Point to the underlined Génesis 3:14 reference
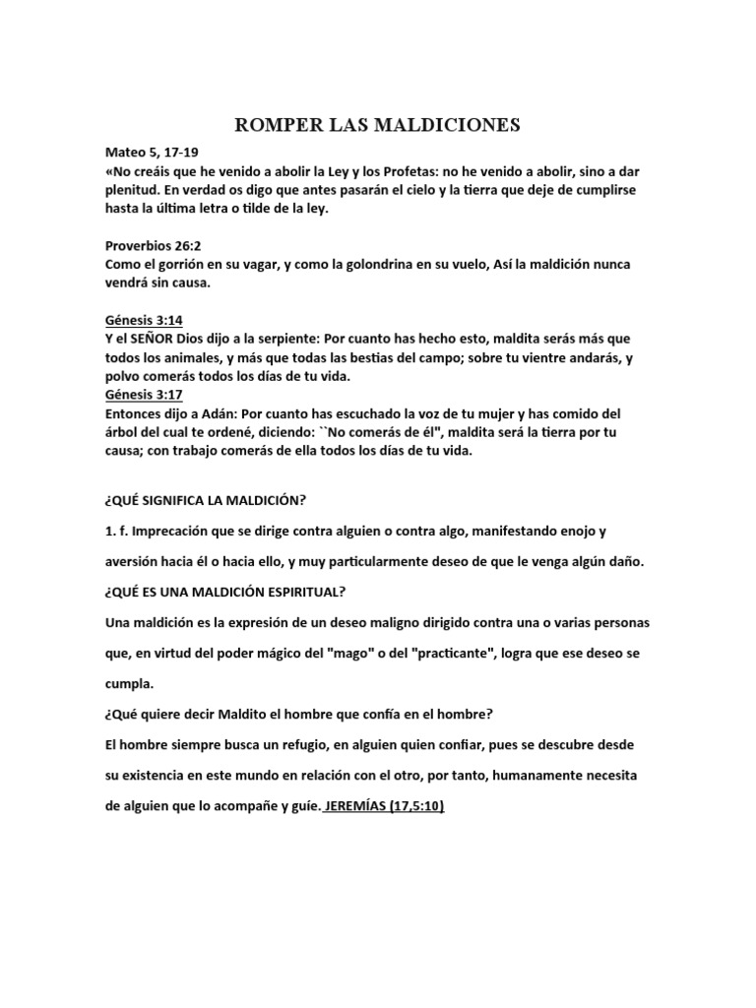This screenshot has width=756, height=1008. click(144, 320)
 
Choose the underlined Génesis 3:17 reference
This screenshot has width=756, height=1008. click(144, 396)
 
